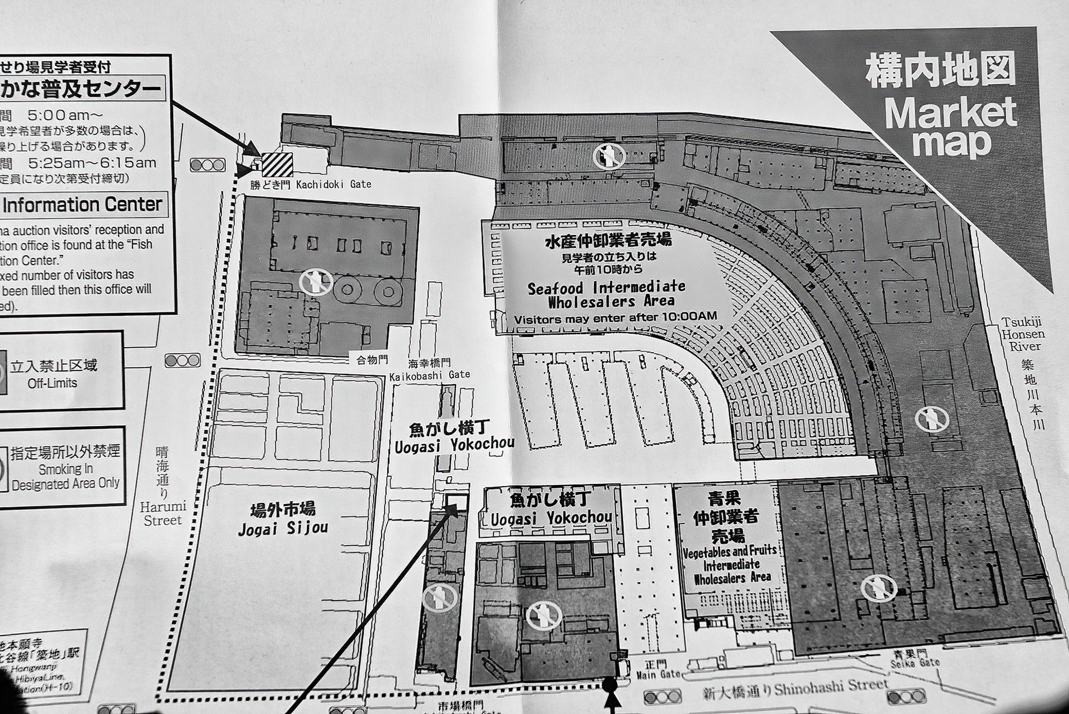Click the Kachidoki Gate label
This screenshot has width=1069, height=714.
[334, 184]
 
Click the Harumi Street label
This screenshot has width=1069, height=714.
[163, 514]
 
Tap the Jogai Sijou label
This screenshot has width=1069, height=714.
[283, 527]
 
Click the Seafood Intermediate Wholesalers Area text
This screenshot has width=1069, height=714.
[606, 295]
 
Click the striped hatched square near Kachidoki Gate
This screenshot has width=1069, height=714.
[277, 165]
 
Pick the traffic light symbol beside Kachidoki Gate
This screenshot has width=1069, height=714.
[208, 165]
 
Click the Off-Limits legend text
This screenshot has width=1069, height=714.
[53, 383]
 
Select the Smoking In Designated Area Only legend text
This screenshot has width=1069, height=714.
[66, 477]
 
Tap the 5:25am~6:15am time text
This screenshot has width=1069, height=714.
[92, 163]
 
